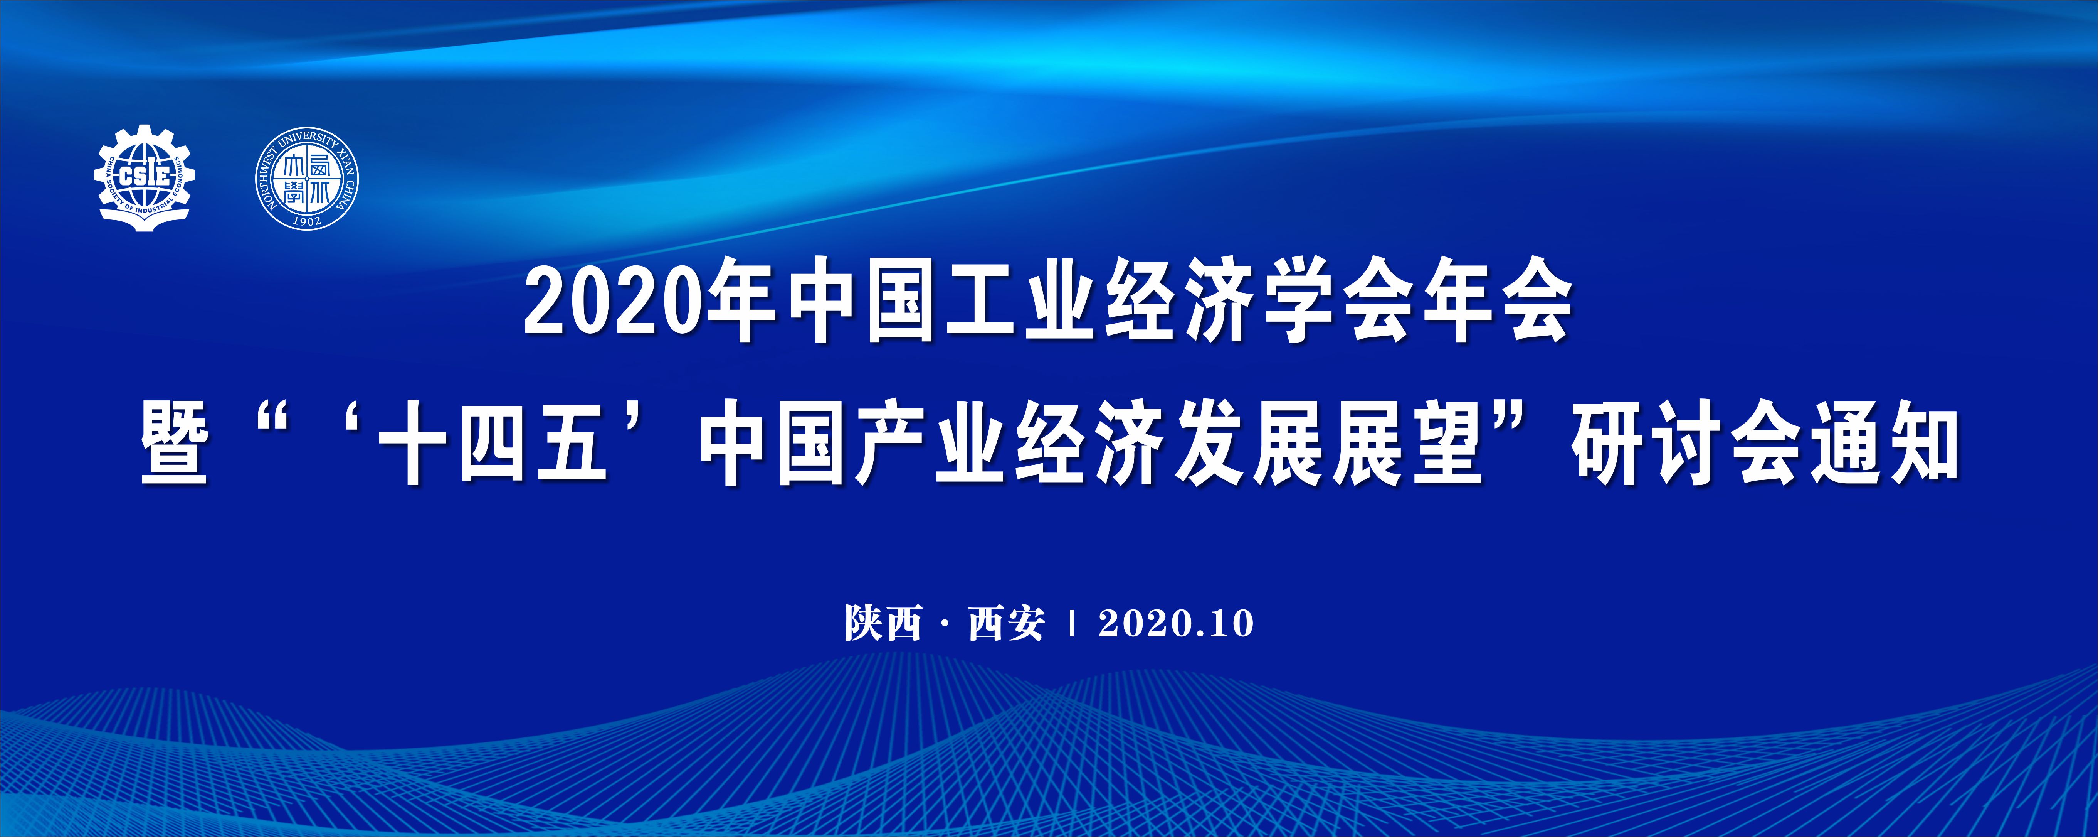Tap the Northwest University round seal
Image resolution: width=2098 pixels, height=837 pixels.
point(307,178)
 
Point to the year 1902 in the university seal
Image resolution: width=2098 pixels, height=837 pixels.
point(307,220)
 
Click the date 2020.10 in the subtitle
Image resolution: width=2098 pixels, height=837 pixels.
point(1175,623)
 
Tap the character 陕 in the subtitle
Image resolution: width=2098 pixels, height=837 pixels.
point(863,623)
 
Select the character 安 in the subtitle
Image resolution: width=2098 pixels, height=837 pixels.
point(1025,623)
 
